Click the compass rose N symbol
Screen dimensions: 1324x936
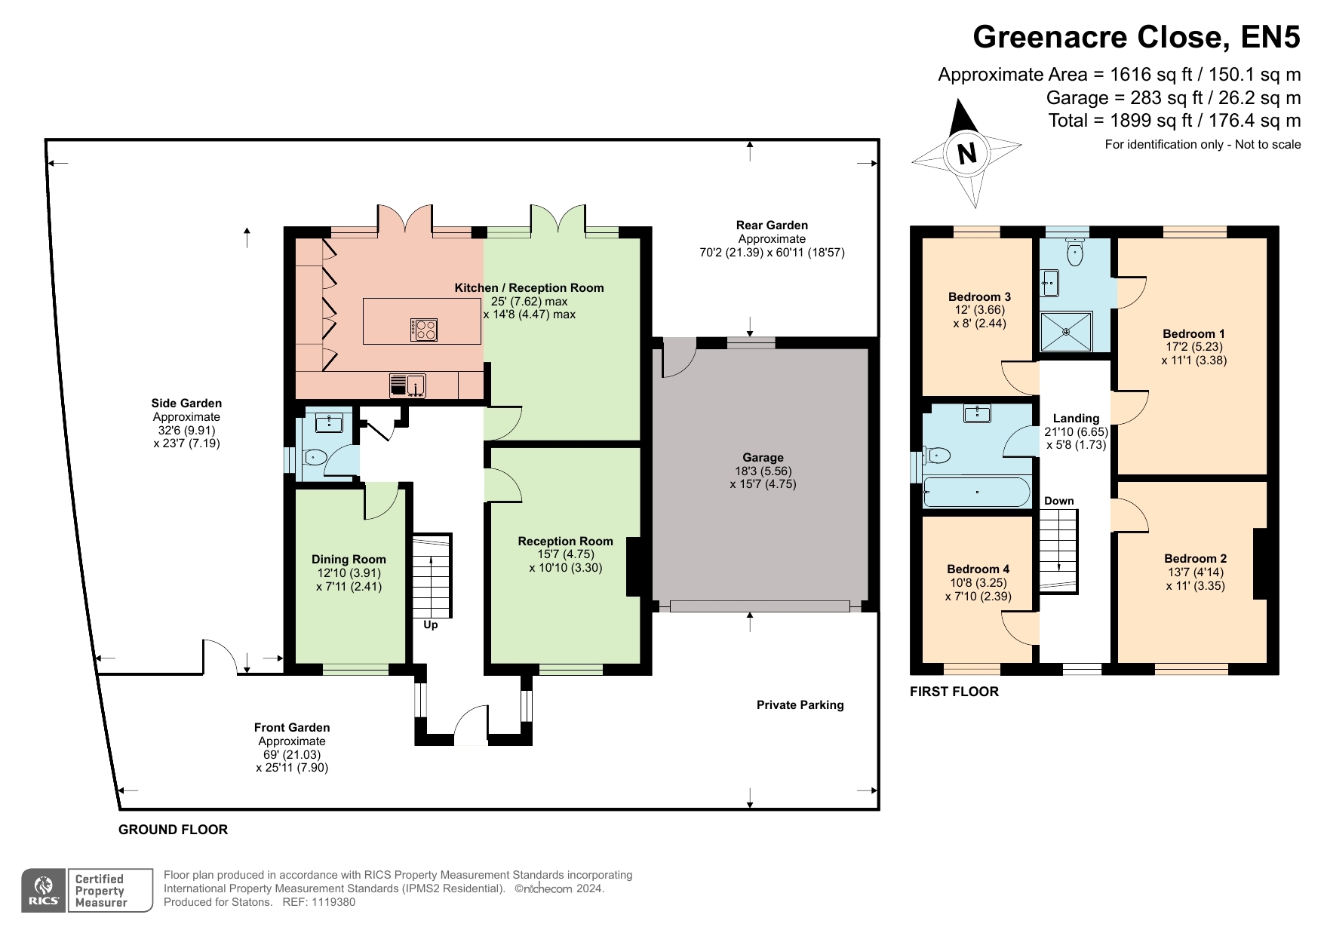[966, 154]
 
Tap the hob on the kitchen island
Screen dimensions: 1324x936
[424, 330]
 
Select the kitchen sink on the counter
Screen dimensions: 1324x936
[407, 385]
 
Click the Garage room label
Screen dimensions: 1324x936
[763, 457]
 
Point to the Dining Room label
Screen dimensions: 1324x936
[349, 559]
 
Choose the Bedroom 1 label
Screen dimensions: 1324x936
[1193, 333]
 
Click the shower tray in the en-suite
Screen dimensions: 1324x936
[1066, 332]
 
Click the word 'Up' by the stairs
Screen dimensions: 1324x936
[430, 625]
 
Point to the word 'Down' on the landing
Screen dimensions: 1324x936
[1059, 501]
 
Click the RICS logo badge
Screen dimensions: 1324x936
[45, 891]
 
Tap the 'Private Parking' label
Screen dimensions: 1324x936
[800, 704]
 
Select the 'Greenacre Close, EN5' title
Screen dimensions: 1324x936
[1137, 36]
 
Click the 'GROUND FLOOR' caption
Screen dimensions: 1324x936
[173, 830]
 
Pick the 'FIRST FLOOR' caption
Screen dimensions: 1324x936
[954, 692]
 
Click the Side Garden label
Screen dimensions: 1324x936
[186, 403]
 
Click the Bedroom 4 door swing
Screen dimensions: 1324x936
[1021, 628]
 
